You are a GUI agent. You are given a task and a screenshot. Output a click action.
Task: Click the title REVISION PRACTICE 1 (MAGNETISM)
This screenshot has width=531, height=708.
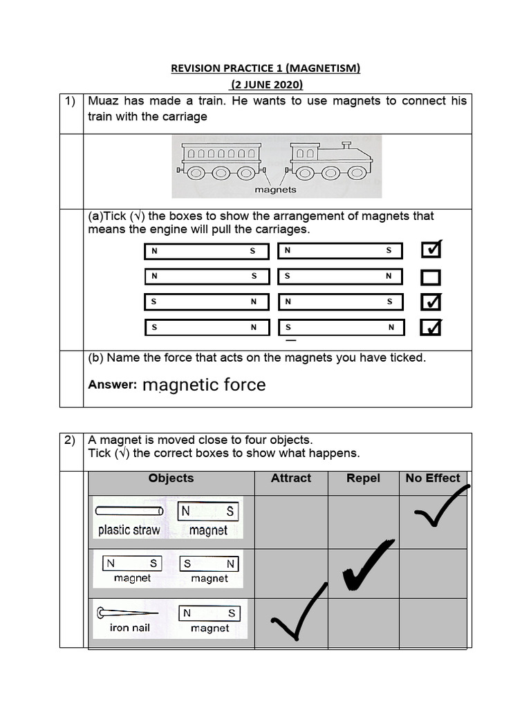coord(265,68)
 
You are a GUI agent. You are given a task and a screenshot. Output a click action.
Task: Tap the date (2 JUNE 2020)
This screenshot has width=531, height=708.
coord(266,85)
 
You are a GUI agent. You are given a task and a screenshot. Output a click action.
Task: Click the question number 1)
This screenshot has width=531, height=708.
coord(71,102)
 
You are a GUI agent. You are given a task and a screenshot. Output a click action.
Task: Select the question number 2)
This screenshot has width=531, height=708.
coord(71,440)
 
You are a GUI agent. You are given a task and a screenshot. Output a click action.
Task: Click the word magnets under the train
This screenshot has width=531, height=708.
coord(275,189)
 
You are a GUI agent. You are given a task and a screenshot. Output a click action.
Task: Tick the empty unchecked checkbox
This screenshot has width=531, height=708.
coord(431,278)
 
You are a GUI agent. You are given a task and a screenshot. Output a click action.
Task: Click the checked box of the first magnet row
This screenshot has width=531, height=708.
coord(431,249)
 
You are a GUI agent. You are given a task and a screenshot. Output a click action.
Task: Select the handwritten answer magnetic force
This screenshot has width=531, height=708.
coord(204,385)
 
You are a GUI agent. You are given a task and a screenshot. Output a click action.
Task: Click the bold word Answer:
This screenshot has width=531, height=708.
coord(113,385)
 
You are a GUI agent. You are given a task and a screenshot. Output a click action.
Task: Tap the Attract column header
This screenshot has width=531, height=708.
coord(291,478)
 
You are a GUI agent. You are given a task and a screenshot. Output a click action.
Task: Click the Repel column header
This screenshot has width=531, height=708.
coord(363,478)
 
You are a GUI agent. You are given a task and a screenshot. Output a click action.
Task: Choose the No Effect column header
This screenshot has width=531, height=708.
coord(433,478)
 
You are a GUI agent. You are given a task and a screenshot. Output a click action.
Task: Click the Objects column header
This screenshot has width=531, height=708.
coord(171,478)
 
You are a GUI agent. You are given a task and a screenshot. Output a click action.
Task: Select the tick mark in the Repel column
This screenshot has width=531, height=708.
coord(366,567)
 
